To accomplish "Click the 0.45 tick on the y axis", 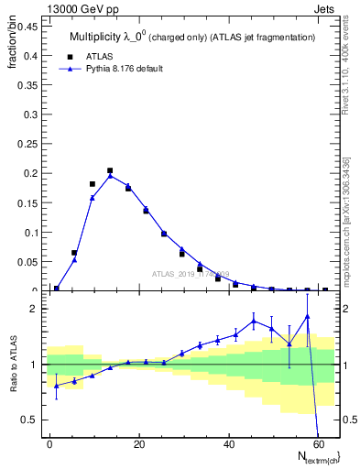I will point(27,27).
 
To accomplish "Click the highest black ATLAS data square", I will point(110,170).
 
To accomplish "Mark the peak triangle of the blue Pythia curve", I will point(110,176).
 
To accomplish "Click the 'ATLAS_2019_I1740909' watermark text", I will point(191,273).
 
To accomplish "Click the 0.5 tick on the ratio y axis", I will point(29,420).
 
